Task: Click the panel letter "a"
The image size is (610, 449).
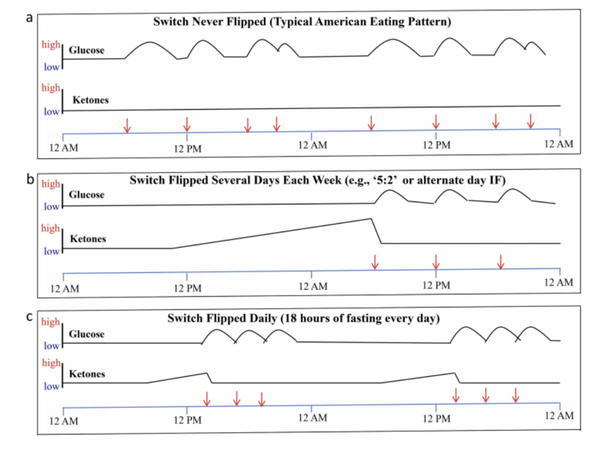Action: tap(30, 18)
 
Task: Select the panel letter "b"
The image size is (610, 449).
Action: tap(30, 179)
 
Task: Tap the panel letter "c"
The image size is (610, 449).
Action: tap(30, 317)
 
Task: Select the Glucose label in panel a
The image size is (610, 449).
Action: tap(87, 50)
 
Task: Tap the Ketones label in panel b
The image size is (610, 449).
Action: tap(88, 239)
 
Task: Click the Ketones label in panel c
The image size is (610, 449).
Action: tap(87, 374)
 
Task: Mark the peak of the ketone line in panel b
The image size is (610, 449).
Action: tap(371, 218)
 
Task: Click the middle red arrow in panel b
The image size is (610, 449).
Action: tap(436, 262)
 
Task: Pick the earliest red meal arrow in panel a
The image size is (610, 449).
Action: tap(127, 125)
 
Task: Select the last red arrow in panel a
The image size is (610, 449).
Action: tap(530, 121)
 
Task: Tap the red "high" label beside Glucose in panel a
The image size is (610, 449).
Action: tap(51, 45)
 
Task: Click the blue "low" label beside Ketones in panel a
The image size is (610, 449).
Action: tap(52, 112)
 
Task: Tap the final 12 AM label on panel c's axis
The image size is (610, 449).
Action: tap(558, 416)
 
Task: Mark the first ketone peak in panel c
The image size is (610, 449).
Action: tap(206, 373)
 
